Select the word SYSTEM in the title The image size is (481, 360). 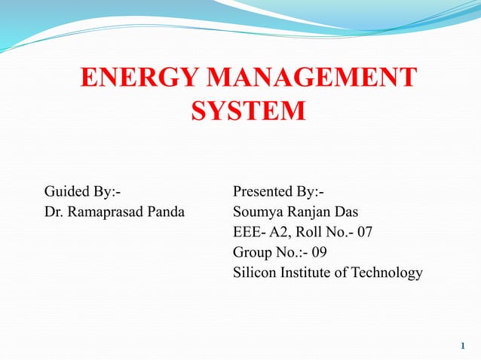pos(248,112)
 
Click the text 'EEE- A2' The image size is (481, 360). pos(261,232)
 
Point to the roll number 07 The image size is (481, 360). pos(364,232)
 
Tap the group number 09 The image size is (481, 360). pos(319,252)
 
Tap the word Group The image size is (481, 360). pos(253,252)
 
